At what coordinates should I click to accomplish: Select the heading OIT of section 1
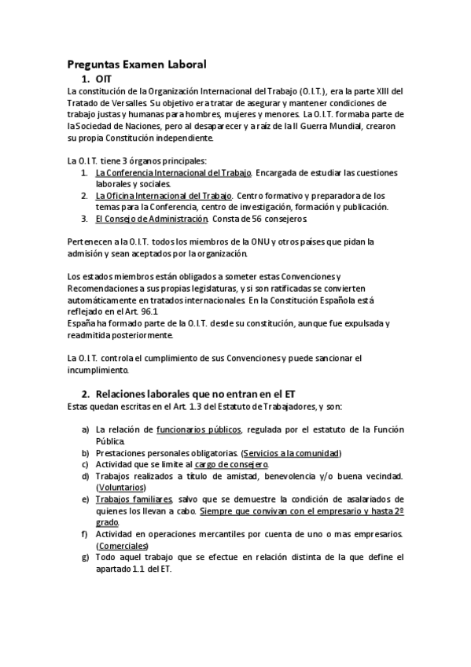[103, 79]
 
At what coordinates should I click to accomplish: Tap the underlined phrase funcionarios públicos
[201, 429]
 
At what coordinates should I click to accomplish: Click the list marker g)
[86, 558]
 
